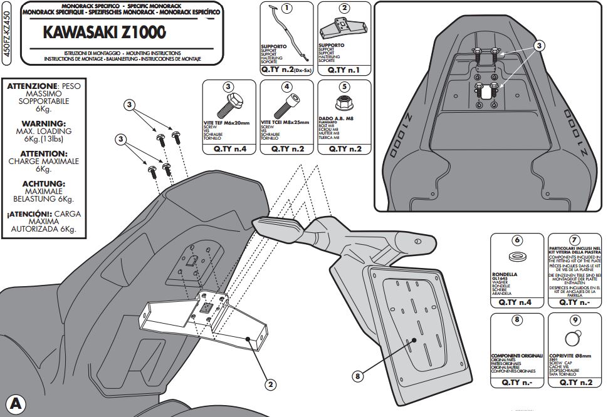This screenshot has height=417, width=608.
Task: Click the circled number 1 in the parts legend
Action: (287, 8)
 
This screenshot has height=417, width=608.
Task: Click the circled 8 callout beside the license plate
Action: (357, 376)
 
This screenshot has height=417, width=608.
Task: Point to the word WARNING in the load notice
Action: (43, 123)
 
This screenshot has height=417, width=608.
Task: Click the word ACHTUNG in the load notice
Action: (43, 183)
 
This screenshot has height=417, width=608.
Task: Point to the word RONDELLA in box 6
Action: (506, 274)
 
